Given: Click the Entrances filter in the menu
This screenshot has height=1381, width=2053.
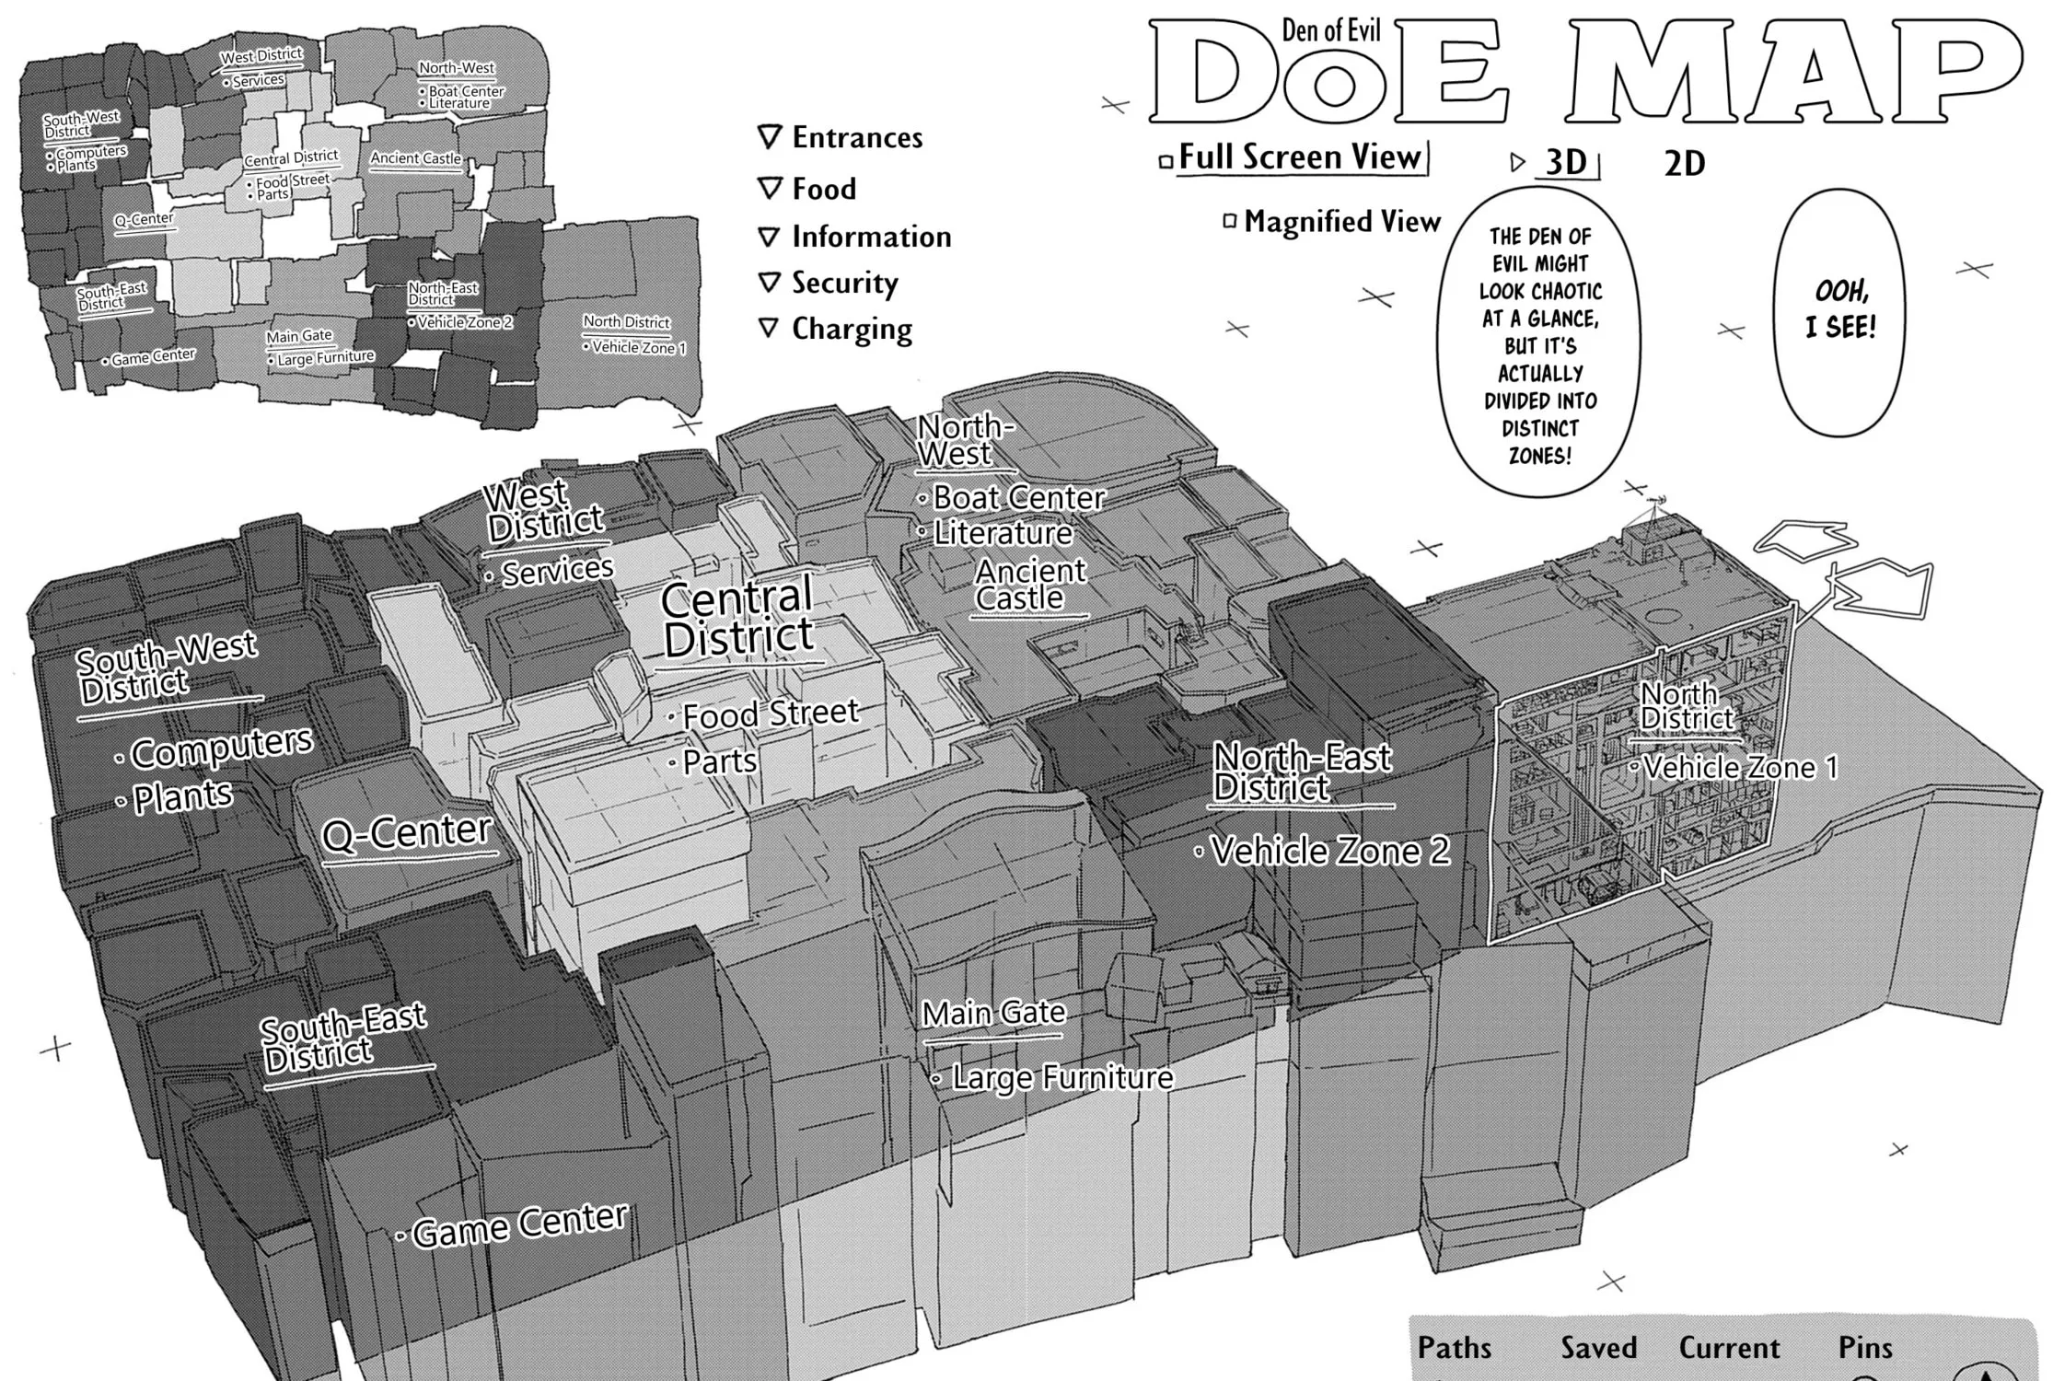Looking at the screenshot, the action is tap(840, 138).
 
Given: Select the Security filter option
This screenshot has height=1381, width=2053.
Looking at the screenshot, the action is tap(828, 283).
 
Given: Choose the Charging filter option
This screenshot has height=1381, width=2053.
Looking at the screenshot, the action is tap(835, 329).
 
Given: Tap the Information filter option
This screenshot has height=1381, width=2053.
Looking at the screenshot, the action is tap(854, 237).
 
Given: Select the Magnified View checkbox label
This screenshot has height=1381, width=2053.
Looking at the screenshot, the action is tap(1332, 222).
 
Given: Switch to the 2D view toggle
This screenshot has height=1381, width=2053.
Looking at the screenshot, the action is tap(1685, 164).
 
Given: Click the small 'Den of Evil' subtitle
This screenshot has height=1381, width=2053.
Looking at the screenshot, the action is tap(1331, 31).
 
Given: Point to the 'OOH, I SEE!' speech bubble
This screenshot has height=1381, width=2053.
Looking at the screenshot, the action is tap(1840, 312).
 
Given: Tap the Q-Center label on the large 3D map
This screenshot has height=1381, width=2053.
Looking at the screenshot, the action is tap(406, 834).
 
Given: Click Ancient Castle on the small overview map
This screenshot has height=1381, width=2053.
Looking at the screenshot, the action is tap(416, 158).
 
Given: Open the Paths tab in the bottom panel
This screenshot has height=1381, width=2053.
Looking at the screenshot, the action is tap(1454, 1348).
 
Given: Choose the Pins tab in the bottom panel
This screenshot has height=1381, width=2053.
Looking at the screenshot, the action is tap(1865, 1348).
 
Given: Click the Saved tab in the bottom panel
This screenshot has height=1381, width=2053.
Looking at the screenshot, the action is tap(1598, 1348).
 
